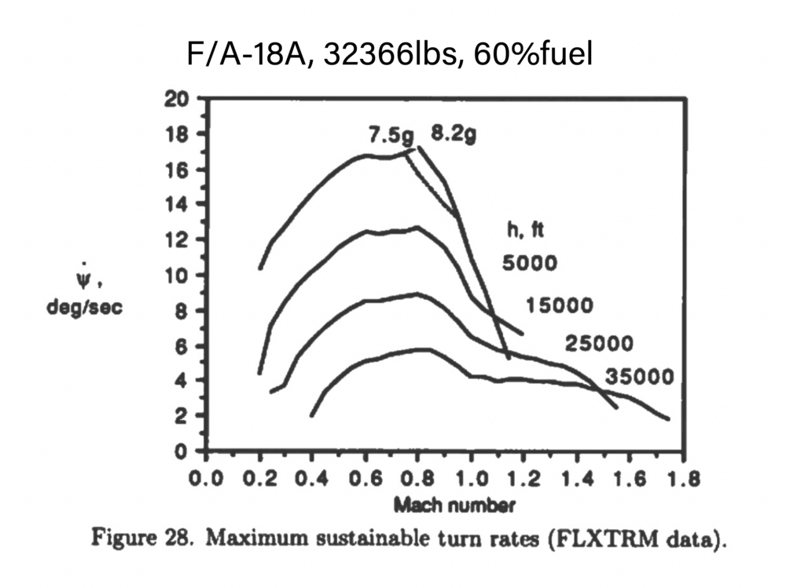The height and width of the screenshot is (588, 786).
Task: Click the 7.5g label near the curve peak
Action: coord(391,134)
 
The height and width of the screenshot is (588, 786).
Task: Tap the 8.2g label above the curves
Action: coord(453,134)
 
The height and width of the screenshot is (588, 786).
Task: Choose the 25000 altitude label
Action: coord(598,343)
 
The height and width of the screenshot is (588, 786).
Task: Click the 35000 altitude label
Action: coord(640,377)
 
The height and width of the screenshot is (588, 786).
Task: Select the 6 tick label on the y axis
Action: coord(180,345)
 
